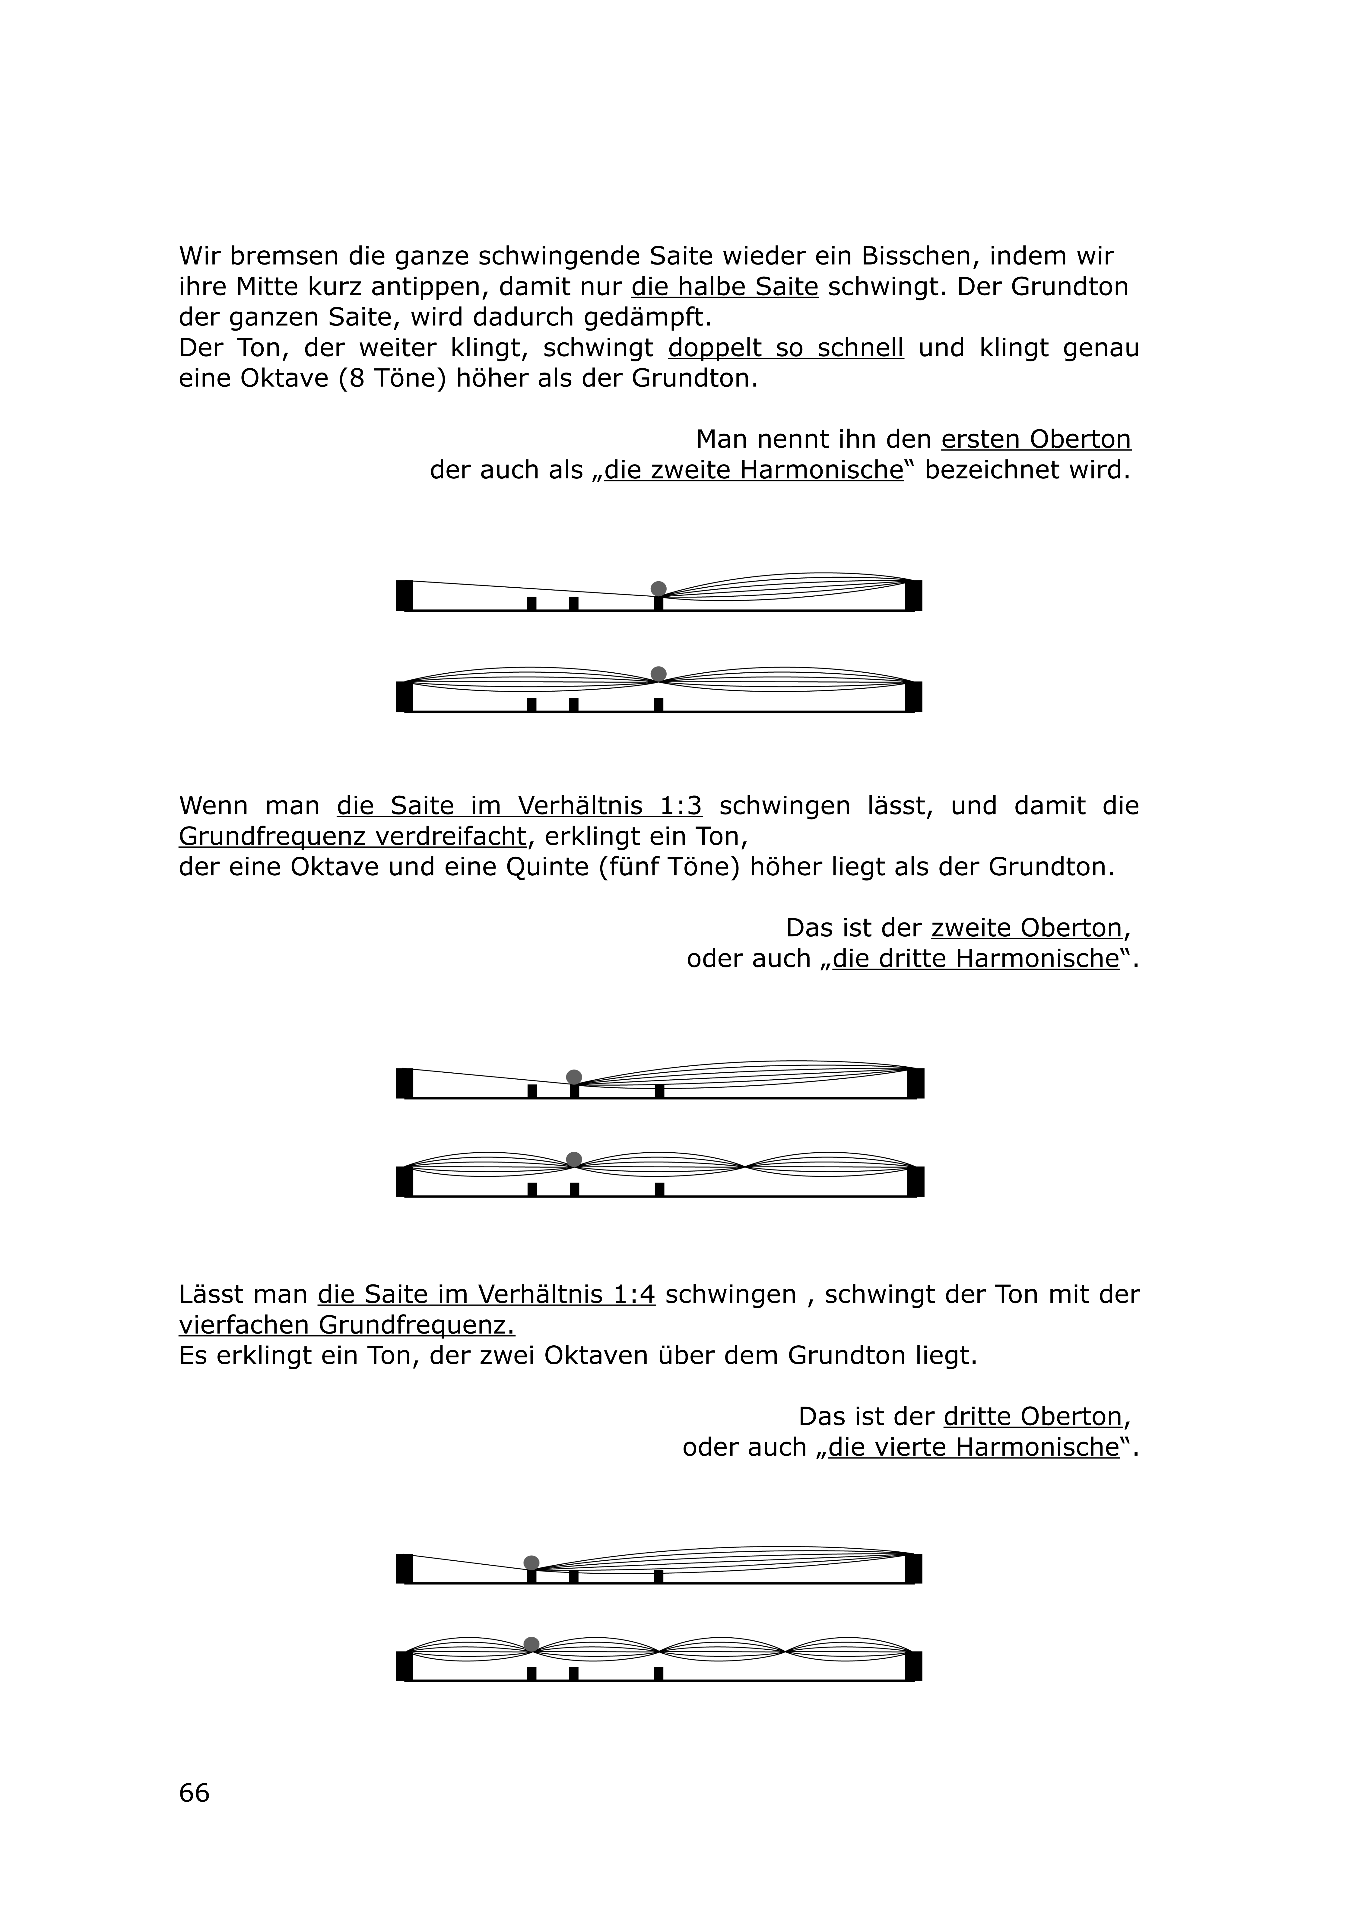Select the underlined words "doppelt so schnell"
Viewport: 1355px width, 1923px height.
click(x=785, y=347)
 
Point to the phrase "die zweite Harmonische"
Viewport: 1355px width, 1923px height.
click(x=754, y=470)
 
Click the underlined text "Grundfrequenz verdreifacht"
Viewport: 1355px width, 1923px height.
click(x=352, y=836)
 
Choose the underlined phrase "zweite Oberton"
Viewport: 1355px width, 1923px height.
click(x=1026, y=928)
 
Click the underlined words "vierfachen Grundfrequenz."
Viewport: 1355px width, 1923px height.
click(x=347, y=1325)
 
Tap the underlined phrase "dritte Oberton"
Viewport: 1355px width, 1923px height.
click(x=1032, y=1416)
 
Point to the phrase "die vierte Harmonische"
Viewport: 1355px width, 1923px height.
click(x=973, y=1447)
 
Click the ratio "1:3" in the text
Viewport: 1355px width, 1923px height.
click(x=681, y=806)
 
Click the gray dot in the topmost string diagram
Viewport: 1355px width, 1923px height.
click(x=658, y=588)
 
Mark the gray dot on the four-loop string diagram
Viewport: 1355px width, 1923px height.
click(x=531, y=1644)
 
